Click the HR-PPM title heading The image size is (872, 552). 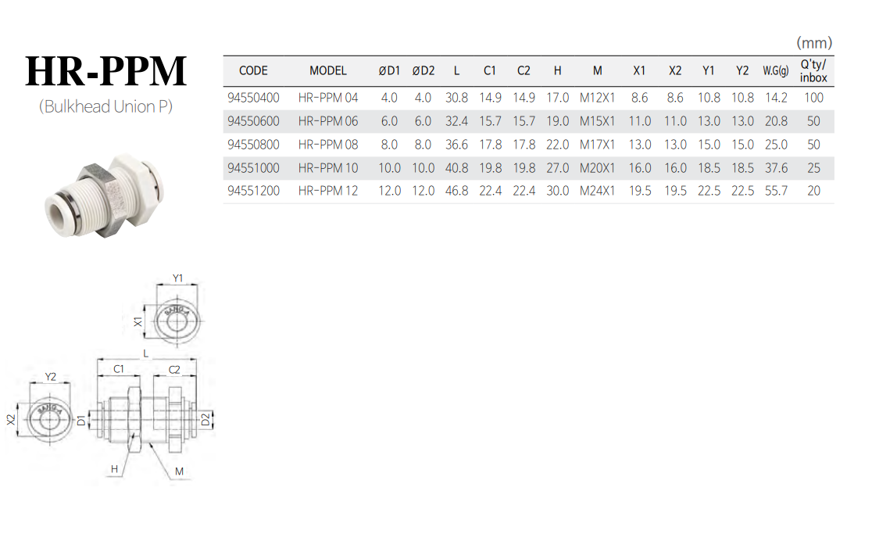point(106,70)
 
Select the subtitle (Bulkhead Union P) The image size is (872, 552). point(105,106)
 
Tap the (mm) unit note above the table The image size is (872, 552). point(814,43)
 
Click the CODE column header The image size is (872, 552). point(253,70)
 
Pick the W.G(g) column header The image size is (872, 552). point(776,70)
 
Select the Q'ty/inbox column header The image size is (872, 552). point(813,71)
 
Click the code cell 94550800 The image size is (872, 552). point(254,145)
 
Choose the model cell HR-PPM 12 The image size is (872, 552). point(328,191)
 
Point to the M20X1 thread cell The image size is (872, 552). point(597,168)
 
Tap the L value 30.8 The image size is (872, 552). point(456,98)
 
